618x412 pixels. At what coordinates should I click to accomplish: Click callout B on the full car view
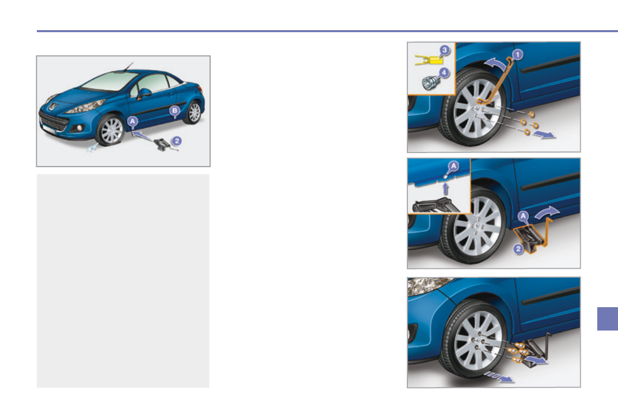[175, 111]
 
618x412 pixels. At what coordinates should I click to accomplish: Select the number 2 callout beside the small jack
[177, 141]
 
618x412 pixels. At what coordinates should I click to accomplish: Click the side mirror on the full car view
[144, 93]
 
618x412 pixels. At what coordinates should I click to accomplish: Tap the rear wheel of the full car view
[194, 113]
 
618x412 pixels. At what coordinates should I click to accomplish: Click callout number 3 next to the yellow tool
[445, 50]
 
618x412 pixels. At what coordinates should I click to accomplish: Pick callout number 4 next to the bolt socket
[445, 74]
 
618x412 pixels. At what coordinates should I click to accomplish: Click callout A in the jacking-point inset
[454, 166]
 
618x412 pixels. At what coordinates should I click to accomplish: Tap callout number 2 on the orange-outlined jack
[518, 250]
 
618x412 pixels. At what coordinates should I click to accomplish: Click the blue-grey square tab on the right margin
[607, 319]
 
